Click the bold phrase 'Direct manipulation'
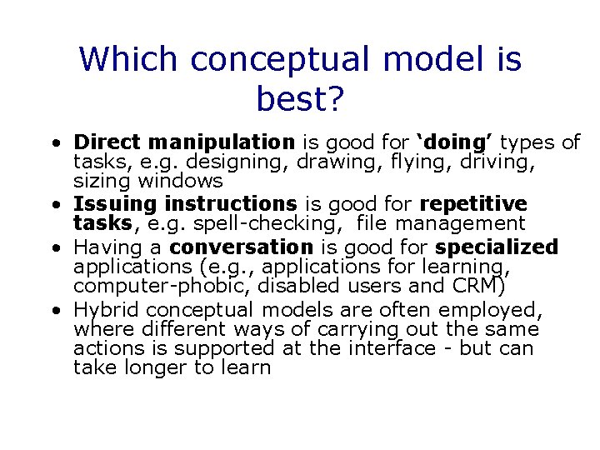click(183, 142)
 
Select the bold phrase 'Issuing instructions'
click(185, 204)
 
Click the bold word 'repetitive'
click(473, 204)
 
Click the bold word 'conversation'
click(241, 247)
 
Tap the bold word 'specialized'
click(497, 247)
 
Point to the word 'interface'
click(390, 348)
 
